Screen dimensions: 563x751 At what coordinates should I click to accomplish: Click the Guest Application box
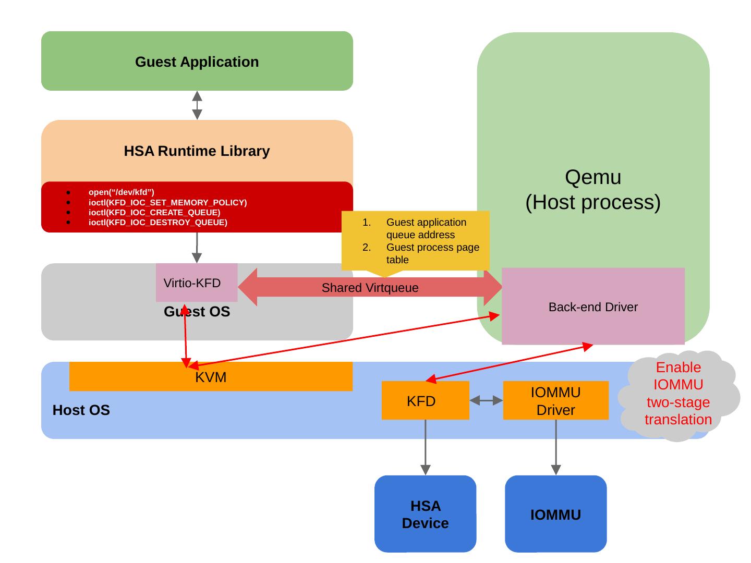tap(197, 62)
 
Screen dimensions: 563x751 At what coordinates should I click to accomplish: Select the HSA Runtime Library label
tap(197, 151)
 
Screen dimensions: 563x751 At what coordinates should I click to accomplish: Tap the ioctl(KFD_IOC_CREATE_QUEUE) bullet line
tap(154, 213)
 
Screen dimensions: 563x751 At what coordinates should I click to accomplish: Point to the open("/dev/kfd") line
tap(122, 192)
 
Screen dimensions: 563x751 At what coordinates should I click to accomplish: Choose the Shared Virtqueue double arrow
tap(370, 288)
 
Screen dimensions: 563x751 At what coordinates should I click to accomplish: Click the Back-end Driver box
tap(593, 307)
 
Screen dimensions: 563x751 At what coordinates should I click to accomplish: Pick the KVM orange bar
tap(211, 377)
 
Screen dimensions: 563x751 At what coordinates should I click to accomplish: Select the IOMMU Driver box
tap(555, 401)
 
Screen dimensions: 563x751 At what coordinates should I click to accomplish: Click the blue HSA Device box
tap(425, 514)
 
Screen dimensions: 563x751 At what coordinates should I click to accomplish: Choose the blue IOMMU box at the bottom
tap(555, 514)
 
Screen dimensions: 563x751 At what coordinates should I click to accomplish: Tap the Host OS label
tap(81, 410)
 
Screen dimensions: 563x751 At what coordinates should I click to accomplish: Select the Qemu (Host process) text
tap(593, 190)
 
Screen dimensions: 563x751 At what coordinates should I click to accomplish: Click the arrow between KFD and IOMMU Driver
tap(486, 400)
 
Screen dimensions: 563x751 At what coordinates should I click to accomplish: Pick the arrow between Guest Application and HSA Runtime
tap(197, 105)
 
